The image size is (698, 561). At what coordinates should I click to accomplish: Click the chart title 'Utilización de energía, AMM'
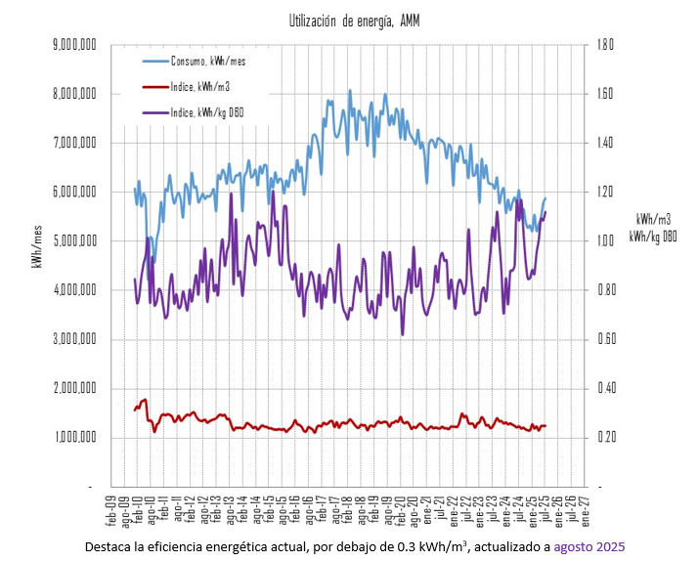click(x=354, y=21)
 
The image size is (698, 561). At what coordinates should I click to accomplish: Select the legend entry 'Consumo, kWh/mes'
click(x=202, y=62)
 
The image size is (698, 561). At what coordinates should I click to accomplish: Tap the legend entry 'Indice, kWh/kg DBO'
click(x=206, y=113)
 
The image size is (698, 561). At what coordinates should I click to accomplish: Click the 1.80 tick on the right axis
click(x=604, y=45)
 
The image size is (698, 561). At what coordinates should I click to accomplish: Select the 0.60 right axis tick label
click(x=604, y=339)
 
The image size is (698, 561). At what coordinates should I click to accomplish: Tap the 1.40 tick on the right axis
click(x=604, y=144)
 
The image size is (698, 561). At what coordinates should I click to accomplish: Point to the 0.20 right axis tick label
click(x=604, y=437)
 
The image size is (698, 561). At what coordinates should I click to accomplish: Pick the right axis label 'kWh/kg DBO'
click(x=653, y=236)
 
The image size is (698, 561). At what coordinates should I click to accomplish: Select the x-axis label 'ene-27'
click(x=585, y=507)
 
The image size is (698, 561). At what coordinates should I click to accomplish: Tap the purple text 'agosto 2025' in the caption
click(x=589, y=546)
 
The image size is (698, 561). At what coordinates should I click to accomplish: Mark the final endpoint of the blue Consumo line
click(x=545, y=198)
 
